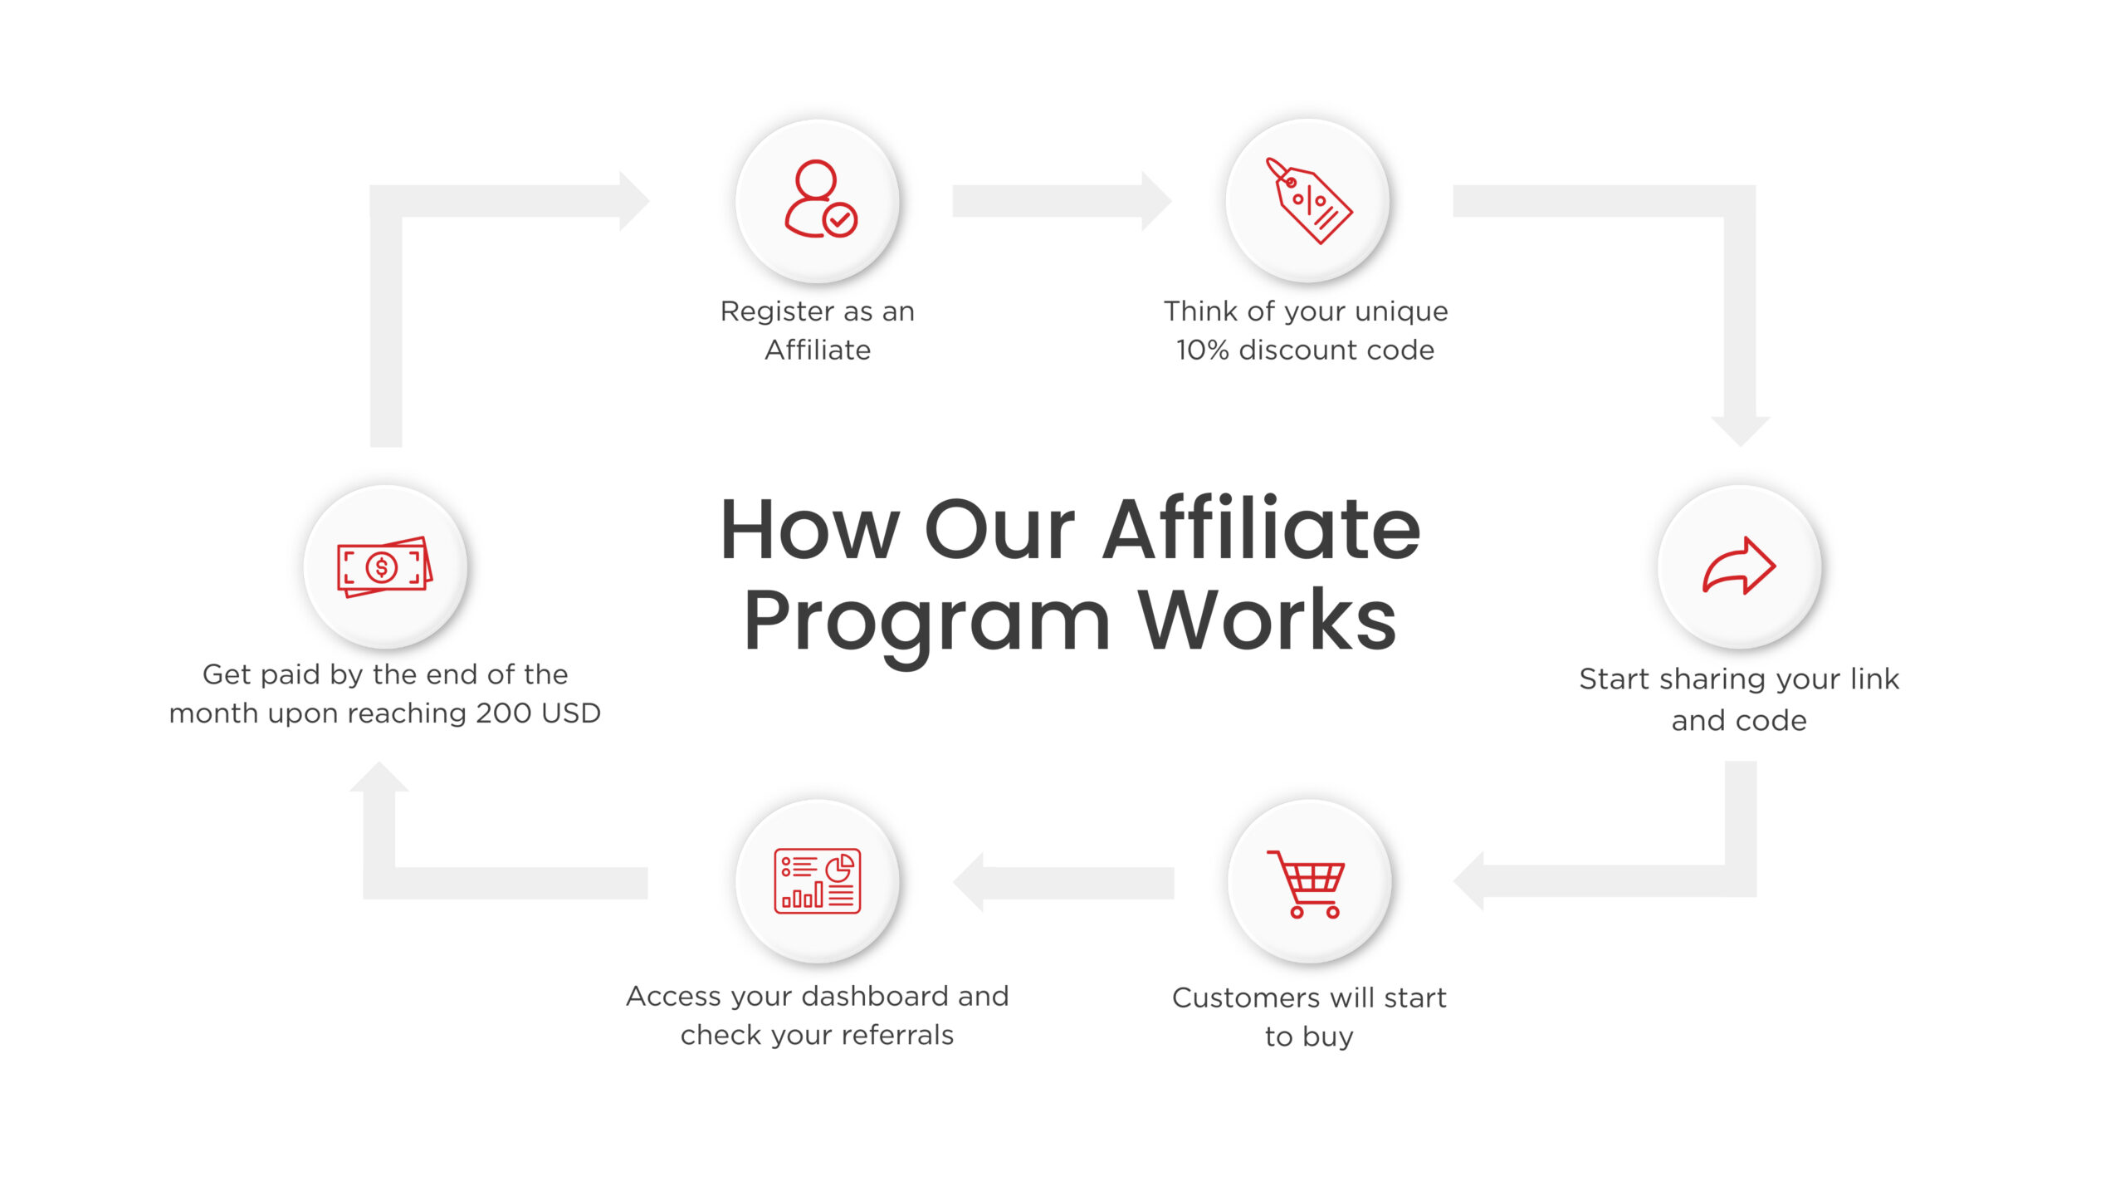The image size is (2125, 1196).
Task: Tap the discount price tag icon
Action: pyautogui.click(x=1307, y=201)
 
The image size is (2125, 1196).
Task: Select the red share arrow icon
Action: pyautogui.click(x=1739, y=566)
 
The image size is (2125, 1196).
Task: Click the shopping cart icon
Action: pyautogui.click(x=1307, y=883)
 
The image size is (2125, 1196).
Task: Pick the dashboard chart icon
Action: pyautogui.click(x=818, y=881)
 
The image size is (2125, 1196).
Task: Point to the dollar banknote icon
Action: pyautogui.click(x=384, y=566)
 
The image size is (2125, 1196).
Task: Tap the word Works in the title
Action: pyautogui.click(x=1268, y=620)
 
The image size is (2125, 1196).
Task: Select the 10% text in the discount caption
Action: pyautogui.click(x=1202, y=350)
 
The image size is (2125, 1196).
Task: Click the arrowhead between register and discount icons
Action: pyautogui.click(x=1155, y=201)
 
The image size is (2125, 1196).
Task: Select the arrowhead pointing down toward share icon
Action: pyautogui.click(x=1741, y=430)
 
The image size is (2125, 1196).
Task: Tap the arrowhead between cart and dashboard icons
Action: pyautogui.click(x=970, y=882)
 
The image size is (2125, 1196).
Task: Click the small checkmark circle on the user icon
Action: pyautogui.click(x=840, y=220)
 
